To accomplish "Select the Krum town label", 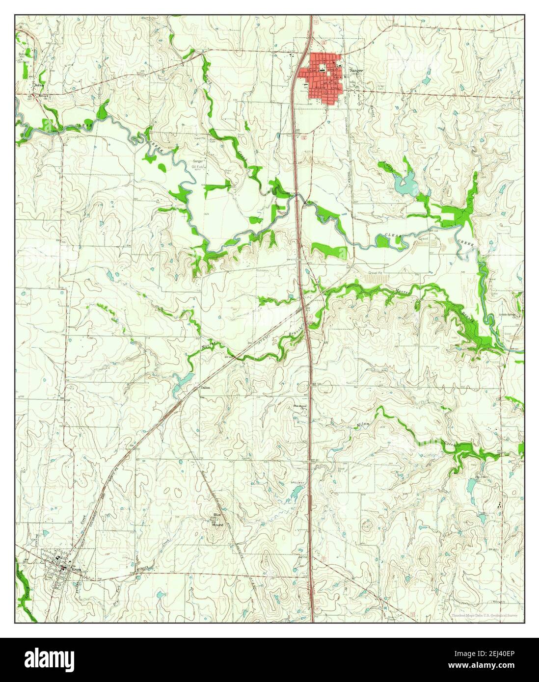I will pyautogui.click(x=75, y=570).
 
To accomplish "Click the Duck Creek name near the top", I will pyautogui.click(x=207, y=79).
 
